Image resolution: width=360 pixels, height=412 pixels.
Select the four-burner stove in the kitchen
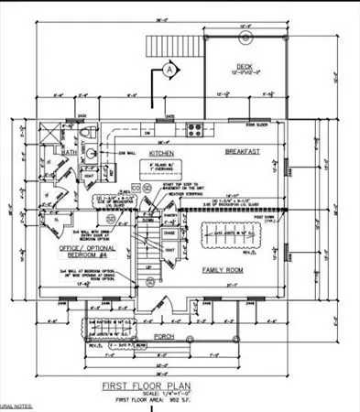pyautogui.click(x=194, y=128)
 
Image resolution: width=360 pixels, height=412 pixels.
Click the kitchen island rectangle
pyautogui.click(x=167, y=172)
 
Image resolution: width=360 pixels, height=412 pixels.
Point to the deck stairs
pyautogui.click(x=169, y=47)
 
